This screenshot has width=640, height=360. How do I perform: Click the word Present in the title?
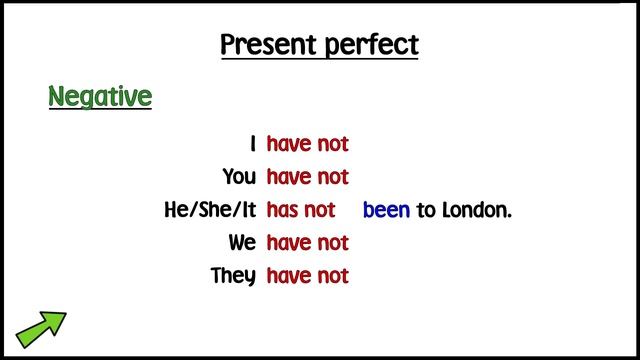(x=267, y=45)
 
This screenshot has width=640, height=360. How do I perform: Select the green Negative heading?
(x=100, y=97)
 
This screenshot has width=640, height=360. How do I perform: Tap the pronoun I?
(x=253, y=144)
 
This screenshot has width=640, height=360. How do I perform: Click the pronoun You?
(x=239, y=177)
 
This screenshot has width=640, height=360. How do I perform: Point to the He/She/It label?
(x=210, y=210)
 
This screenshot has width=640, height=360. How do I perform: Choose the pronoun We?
(x=242, y=243)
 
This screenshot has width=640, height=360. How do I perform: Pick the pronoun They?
(x=233, y=276)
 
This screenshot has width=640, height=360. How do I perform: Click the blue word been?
(x=386, y=210)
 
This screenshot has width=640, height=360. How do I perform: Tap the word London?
(x=475, y=210)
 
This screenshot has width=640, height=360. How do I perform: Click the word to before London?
(x=425, y=211)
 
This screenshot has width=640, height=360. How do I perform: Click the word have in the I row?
(x=290, y=144)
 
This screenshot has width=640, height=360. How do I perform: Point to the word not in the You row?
(x=333, y=177)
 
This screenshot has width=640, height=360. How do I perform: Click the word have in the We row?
(x=290, y=243)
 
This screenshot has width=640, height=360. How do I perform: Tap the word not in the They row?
(x=333, y=276)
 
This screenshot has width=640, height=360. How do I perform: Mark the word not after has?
(x=320, y=210)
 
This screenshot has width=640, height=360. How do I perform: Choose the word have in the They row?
(x=290, y=276)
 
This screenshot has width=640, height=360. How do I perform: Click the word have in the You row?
(x=290, y=177)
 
